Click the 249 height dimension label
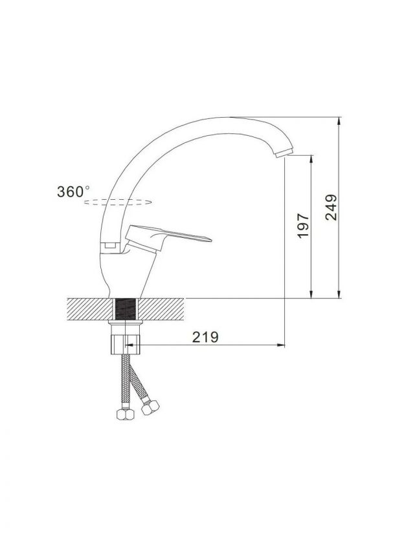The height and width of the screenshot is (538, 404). click(x=331, y=207)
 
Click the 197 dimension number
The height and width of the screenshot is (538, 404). click(x=304, y=226)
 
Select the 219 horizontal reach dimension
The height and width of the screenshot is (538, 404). click(x=205, y=337)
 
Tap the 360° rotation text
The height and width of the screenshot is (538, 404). click(x=74, y=191)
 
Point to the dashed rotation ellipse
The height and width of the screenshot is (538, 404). click(x=117, y=202)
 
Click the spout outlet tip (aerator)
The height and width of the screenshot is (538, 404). click(x=284, y=153)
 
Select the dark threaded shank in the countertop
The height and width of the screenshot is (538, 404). click(x=125, y=309)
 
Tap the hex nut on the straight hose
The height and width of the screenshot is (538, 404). click(x=126, y=414)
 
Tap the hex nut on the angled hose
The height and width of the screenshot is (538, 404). click(x=150, y=407)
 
